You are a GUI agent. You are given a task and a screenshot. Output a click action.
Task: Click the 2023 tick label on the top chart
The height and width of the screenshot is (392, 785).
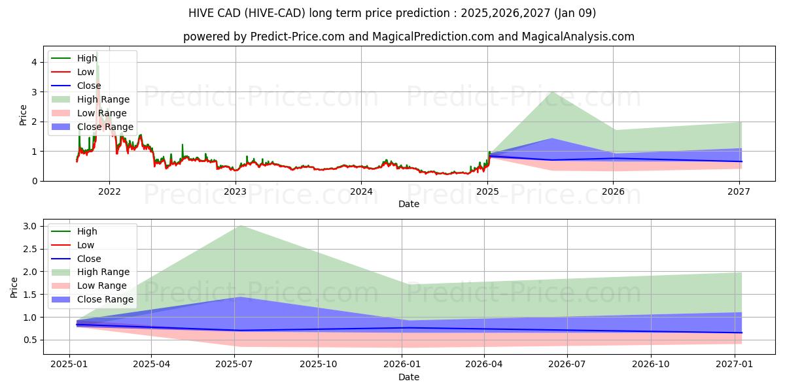(235, 191)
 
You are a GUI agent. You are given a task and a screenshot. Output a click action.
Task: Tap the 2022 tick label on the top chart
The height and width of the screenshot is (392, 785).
(109, 191)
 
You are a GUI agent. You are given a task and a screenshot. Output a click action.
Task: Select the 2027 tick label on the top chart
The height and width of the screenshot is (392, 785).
(739, 191)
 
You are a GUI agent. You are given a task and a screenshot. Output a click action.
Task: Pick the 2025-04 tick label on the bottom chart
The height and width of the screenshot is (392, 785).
(151, 365)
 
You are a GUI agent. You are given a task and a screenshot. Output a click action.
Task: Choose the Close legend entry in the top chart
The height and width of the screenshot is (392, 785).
(89, 86)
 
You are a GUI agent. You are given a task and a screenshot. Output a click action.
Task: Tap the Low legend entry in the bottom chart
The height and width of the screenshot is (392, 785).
(86, 245)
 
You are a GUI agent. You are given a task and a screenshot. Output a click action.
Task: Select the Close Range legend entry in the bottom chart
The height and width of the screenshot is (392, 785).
(105, 299)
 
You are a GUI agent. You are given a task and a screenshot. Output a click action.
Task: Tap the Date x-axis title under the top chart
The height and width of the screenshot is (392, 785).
(409, 204)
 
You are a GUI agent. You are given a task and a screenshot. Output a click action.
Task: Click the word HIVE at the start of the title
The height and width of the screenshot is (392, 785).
(202, 13)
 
